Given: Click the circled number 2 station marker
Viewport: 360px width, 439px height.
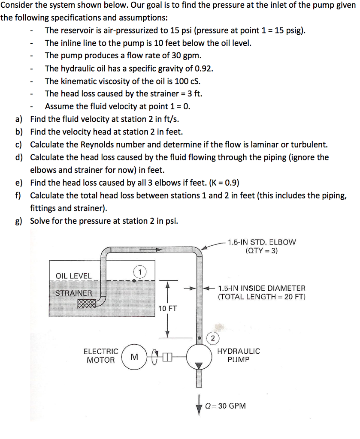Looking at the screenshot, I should [213, 338].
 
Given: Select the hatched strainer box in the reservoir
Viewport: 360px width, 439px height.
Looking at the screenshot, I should [88, 304].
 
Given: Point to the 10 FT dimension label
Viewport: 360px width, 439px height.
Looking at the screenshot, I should [167, 309].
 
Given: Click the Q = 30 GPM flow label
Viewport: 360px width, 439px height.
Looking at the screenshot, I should [226, 406].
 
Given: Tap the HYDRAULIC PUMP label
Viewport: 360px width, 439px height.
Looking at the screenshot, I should [239, 355].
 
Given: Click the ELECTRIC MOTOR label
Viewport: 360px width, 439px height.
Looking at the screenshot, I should [101, 355].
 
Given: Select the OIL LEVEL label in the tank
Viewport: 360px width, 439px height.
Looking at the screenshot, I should [74, 276].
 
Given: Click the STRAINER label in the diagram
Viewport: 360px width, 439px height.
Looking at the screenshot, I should [73, 293].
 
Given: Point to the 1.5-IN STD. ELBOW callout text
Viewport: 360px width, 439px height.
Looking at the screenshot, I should [262, 246].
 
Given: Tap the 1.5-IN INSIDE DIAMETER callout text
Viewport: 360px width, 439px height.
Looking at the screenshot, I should [262, 292].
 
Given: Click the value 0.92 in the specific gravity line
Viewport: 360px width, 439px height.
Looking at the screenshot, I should [204, 69].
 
